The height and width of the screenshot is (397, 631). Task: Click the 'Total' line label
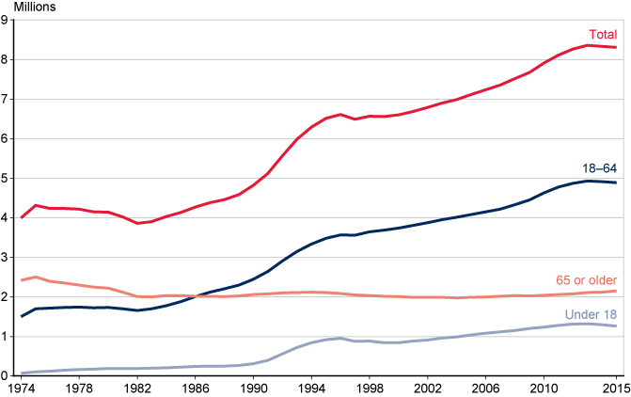pyautogui.click(x=603, y=35)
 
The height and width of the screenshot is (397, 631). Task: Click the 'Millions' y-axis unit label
pyautogui.click(x=35, y=8)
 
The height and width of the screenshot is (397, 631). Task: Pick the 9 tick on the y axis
pyautogui.click(x=6, y=20)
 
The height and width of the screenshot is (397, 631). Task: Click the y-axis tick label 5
pyautogui.click(x=6, y=178)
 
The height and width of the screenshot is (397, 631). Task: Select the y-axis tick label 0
pyautogui.click(x=6, y=374)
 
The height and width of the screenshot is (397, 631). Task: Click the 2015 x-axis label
pyautogui.click(x=616, y=387)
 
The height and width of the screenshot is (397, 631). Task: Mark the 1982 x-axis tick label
pyautogui.click(x=137, y=387)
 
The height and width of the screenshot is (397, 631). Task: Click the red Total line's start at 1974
pyautogui.click(x=22, y=217)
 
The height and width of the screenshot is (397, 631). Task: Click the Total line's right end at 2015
pyautogui.click(x=616, y=47)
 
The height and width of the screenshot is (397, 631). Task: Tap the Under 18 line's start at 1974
pyautogui.click(x=22, y=373)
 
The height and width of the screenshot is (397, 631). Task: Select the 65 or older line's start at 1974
pyautogui.click(x=22, y=279)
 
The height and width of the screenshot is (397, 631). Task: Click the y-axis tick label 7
pyautogui.click(x=6, y=99)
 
